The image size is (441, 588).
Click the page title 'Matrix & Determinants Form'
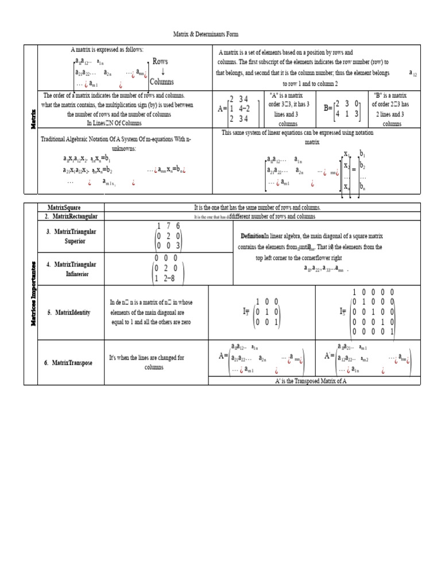[205, 35]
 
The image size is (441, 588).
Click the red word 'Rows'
[160, 61]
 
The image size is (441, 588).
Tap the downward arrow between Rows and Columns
[163, 72]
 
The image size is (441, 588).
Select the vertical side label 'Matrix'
[32, 119]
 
